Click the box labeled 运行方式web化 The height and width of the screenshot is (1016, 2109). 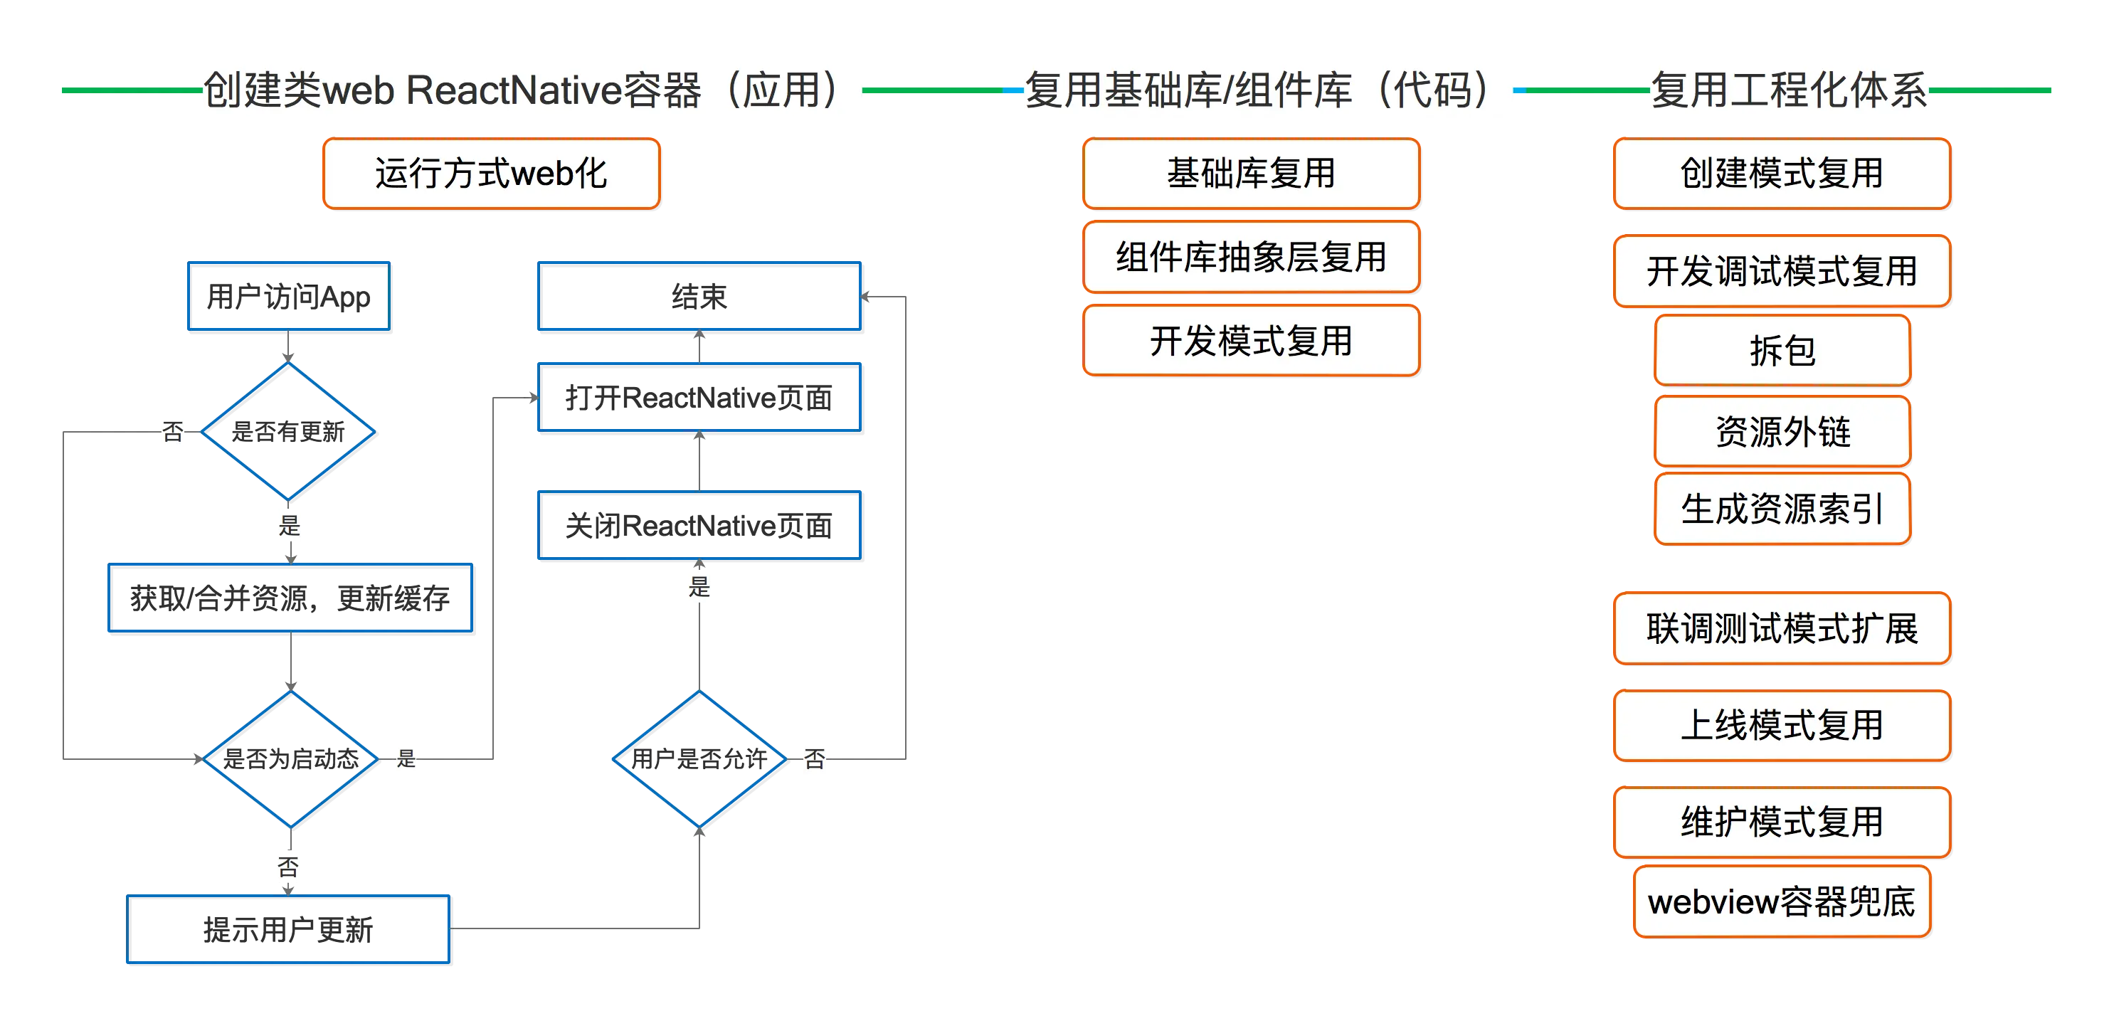(490, 174)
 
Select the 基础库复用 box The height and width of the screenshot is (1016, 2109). (1250, 174)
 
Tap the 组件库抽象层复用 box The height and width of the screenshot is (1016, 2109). (1250, 257)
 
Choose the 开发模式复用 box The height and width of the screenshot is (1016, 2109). (1250, 341)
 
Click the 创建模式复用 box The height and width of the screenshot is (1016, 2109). (1781, 174)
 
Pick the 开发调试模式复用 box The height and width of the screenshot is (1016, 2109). (1781, 271)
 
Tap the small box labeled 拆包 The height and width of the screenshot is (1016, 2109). (1782, 350)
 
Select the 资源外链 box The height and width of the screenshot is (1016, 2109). (1782, 431)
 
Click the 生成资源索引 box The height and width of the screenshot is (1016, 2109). (1782, 509)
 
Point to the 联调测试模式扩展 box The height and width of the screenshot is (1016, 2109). (1781, 629)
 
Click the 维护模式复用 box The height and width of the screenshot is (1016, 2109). (1781, 822)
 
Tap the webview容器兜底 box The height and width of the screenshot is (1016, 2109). (1781, 901)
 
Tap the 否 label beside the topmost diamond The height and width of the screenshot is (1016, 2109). (173, 430)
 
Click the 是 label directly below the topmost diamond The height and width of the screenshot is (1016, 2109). (288, 525)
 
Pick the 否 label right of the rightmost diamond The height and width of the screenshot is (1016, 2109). (815, 759)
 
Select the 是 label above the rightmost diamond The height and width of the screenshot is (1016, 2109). (697, 586)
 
